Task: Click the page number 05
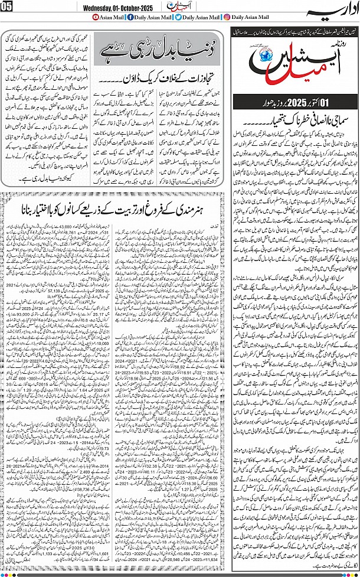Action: point(7,8)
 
